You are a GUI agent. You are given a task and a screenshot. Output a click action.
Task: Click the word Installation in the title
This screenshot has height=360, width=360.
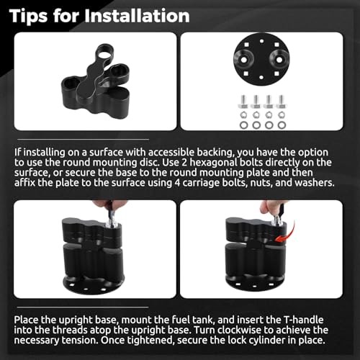137,16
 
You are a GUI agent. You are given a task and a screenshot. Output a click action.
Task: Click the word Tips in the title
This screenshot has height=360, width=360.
29,17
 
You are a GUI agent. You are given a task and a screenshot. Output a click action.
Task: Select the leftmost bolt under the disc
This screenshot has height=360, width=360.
243,102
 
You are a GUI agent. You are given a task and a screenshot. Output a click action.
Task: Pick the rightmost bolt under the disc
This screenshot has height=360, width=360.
281,102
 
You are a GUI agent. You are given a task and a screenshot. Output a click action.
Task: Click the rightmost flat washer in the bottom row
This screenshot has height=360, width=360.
281,125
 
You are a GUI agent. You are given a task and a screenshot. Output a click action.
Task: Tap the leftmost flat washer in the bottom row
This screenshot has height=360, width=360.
244,125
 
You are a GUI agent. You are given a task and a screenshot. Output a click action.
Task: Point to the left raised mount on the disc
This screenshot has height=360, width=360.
244,59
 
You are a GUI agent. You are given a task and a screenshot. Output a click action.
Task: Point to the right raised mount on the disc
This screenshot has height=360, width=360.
279,59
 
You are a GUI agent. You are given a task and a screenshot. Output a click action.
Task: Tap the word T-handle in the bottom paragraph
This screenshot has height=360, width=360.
304,320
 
